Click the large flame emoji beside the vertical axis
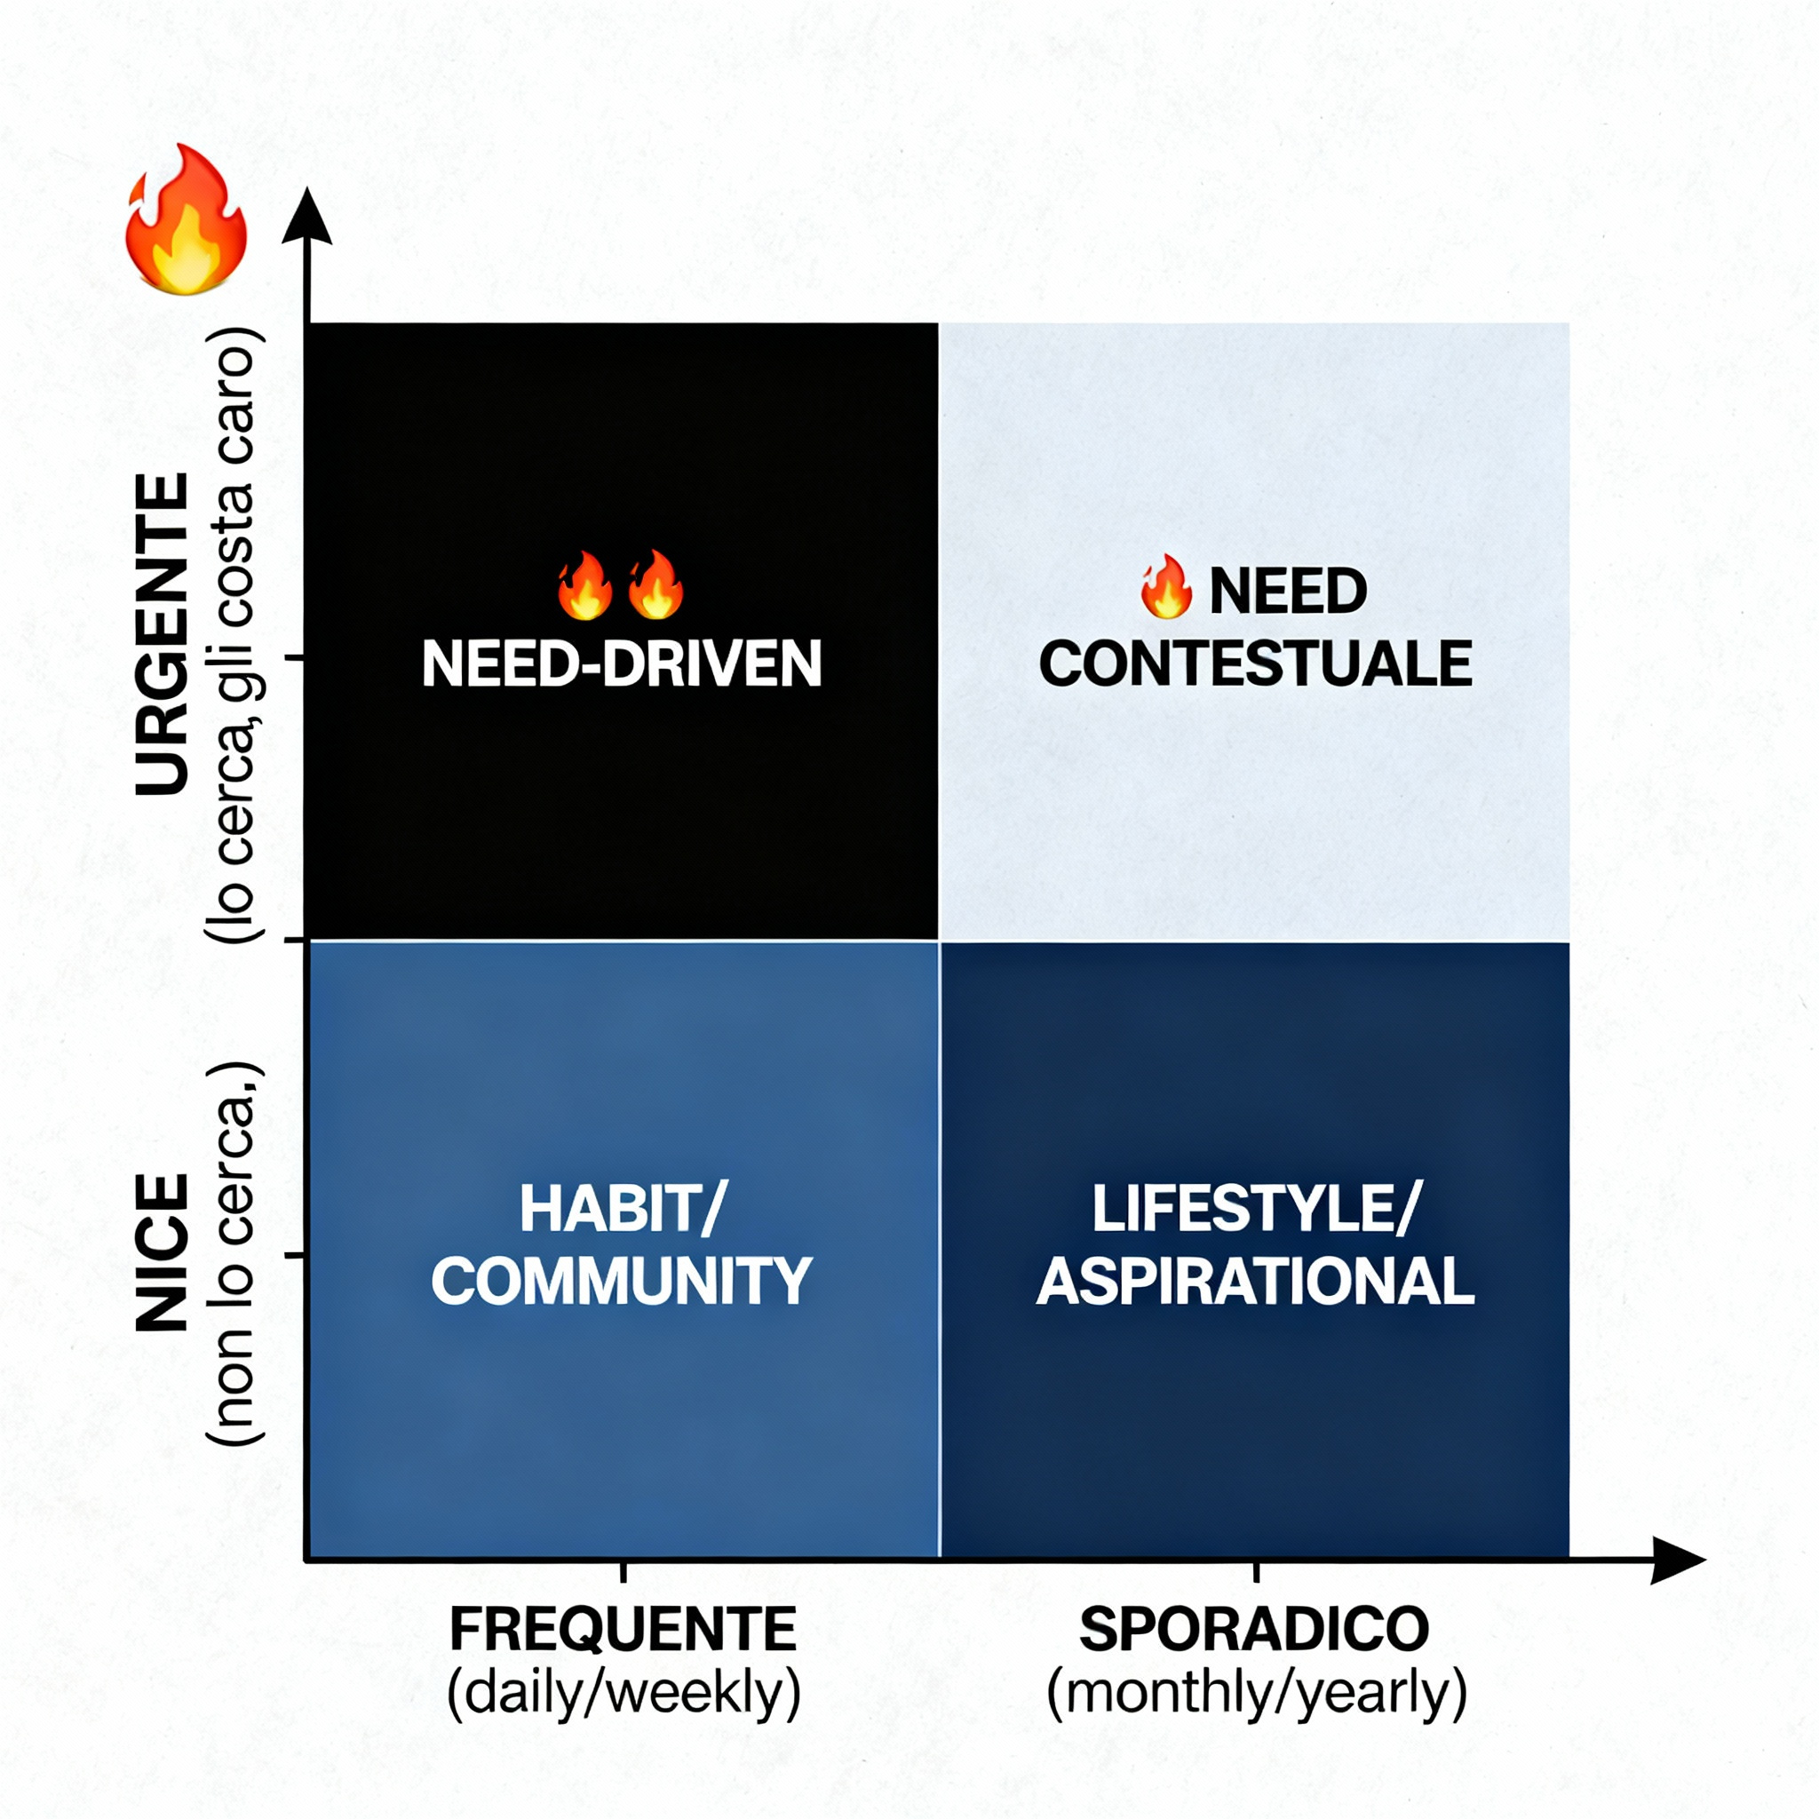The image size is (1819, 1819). [187, 221]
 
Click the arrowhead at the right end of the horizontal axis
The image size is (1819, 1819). [1677, 1560]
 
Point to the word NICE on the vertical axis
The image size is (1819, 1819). [162, 1252]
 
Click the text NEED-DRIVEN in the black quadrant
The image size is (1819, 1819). [622, 664]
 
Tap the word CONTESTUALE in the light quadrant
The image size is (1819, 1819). [1255, 664]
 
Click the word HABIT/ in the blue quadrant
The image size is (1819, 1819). [623, 1209]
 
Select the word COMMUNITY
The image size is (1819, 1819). [622, 1282]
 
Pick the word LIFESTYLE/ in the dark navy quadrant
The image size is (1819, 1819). [1255, 1209]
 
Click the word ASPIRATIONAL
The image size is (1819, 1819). [1255, 1282]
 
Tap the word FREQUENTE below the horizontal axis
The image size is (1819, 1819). [623, 1630]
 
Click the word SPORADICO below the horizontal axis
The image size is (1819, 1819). [1254, 1630]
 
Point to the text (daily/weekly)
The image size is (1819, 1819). [624, 1693]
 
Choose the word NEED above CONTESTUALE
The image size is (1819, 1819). [1287, 592]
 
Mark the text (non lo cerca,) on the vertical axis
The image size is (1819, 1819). [233, 1252]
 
